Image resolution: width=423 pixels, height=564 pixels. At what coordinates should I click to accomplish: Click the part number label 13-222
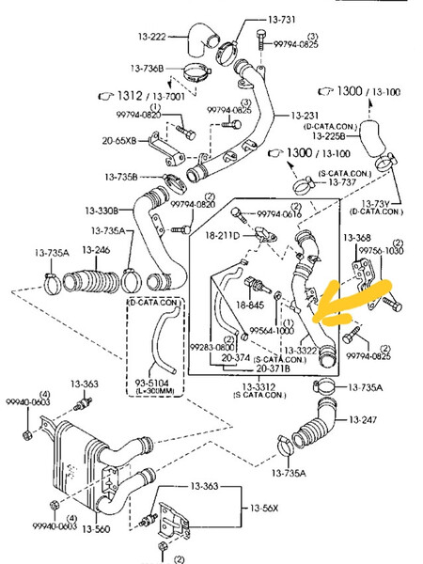point(152,37)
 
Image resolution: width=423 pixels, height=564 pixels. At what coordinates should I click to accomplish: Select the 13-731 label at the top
point(283,19)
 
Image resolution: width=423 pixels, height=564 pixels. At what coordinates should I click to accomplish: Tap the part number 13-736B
point(147,69)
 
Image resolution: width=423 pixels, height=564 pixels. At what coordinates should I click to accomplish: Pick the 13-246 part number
point(96,249)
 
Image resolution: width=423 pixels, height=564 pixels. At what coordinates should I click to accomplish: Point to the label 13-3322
point(298,350)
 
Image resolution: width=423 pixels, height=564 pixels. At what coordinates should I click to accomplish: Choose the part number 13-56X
point(264,508)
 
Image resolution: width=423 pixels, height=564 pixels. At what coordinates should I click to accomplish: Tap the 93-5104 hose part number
point(152,383)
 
